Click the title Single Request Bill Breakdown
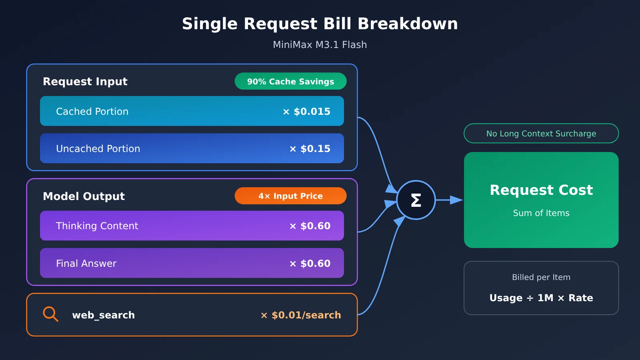coord(320,24)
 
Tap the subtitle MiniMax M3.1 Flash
coord(320,45)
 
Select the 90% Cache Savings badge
coord(290,81)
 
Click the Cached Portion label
coord(92,112)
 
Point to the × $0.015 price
coord(306,112)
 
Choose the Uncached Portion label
coord(98,148)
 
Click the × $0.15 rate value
coord(310,148)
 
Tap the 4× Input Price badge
coord(290,196)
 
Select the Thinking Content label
coord(97,226)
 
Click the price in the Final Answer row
coord(310,264)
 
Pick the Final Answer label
coord(86,264)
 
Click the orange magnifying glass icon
coord(50,314)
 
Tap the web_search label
coord(104,315)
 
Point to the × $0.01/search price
coord(301,315)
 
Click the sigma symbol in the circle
coord(416,200)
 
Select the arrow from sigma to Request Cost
coord(449,200)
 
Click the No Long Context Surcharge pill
coord(541,134)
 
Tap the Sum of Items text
coord(541,213)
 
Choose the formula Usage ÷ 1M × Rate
coord(541,298)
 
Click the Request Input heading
coord(85,82)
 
